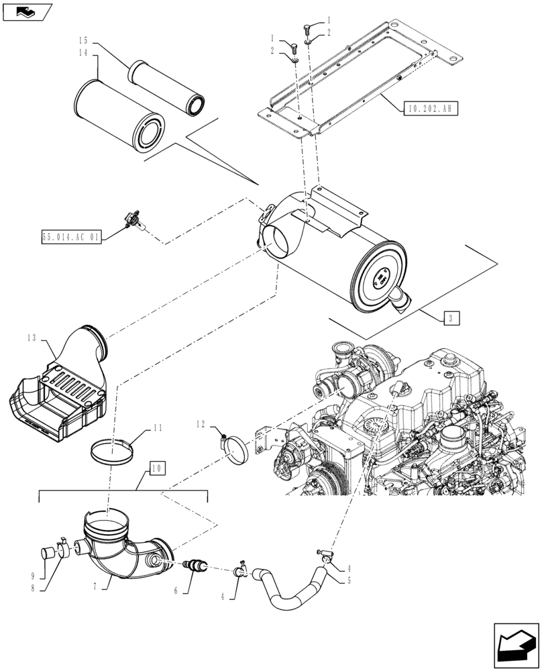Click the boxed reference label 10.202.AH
point(430,107)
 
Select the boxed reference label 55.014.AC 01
point(70,238)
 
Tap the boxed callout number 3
point(451,318)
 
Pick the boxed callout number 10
point(156,467)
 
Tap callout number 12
point(201,424)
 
